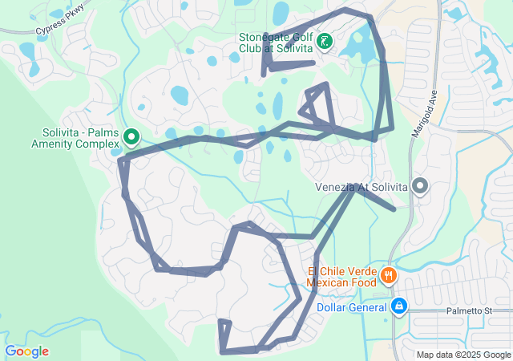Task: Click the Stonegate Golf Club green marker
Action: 325,41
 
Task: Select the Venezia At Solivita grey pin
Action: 420,187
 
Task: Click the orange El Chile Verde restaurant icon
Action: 389,276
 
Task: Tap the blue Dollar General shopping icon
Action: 398,306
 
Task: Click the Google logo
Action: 26,351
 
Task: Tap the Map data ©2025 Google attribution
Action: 462,355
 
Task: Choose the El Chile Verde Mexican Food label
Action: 341,277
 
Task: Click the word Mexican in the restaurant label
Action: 329,282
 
